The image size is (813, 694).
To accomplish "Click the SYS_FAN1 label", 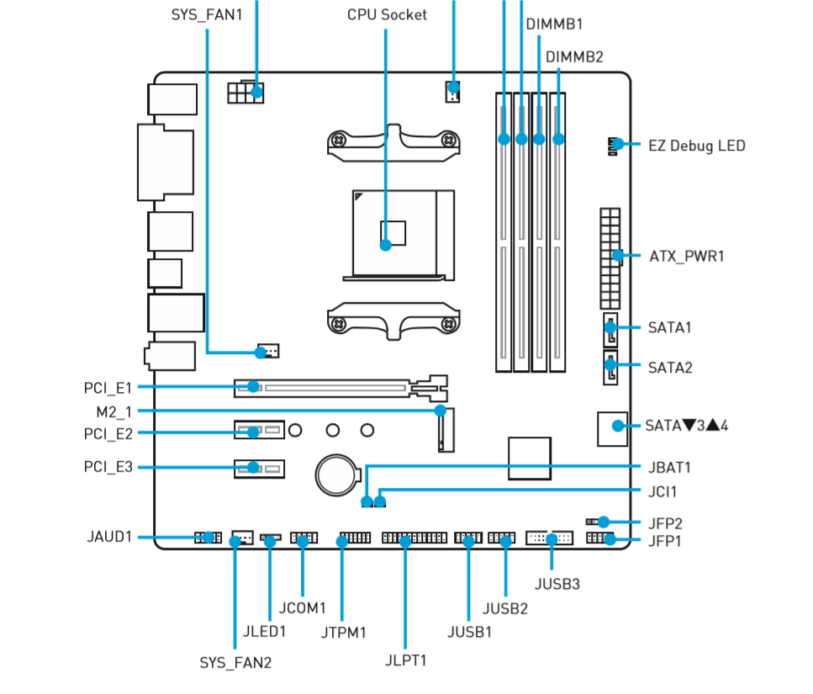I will click(207, 14).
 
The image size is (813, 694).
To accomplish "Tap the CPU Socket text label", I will click(387, 14).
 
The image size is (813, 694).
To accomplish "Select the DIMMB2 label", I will click(574, 56).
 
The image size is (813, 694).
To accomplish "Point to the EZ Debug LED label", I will click(697, 146).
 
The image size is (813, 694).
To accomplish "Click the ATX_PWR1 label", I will click(687, 256).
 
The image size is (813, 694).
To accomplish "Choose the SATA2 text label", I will click(670, 368).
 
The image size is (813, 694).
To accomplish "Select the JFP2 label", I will click(665, 522).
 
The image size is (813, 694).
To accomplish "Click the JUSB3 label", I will click(557, 582).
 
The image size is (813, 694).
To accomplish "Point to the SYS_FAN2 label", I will click(235, 662).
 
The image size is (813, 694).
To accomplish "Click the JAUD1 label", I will click(109, 537).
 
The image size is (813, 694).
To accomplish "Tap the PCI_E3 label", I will click(108, 467).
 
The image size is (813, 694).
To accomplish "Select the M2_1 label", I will click(114, 411).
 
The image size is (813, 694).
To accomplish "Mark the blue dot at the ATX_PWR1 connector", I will click(619, 255).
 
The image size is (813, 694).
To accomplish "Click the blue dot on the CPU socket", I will click(385, 246).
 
